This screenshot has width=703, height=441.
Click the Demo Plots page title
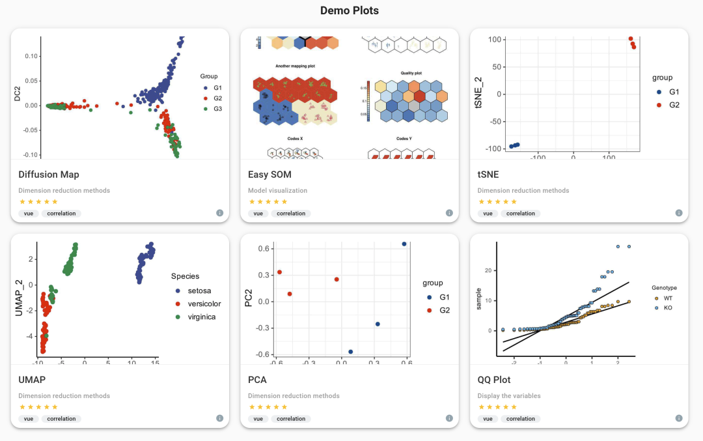coord(350,10)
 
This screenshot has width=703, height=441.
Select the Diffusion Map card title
coord(49,175)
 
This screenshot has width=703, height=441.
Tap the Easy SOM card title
coord(269,175)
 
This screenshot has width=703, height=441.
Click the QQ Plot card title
coord(494,380)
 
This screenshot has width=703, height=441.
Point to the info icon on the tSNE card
coord(679,213)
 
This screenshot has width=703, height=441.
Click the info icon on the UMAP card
coord(220,418)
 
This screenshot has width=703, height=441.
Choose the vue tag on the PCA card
coord(258,419)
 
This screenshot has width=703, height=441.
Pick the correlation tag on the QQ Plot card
coord(519,419)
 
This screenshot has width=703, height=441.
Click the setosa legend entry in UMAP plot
coord(199,291)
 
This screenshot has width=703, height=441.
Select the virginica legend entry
coord(202,317)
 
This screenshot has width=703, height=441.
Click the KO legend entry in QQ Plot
coord(668,307)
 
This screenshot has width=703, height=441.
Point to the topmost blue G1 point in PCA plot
coord(404,244)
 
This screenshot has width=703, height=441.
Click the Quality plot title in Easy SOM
coord(411,74)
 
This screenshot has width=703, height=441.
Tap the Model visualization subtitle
coord(277,191)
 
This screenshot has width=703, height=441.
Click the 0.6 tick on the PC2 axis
coord(263,249)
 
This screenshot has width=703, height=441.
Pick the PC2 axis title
coord(249,302)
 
